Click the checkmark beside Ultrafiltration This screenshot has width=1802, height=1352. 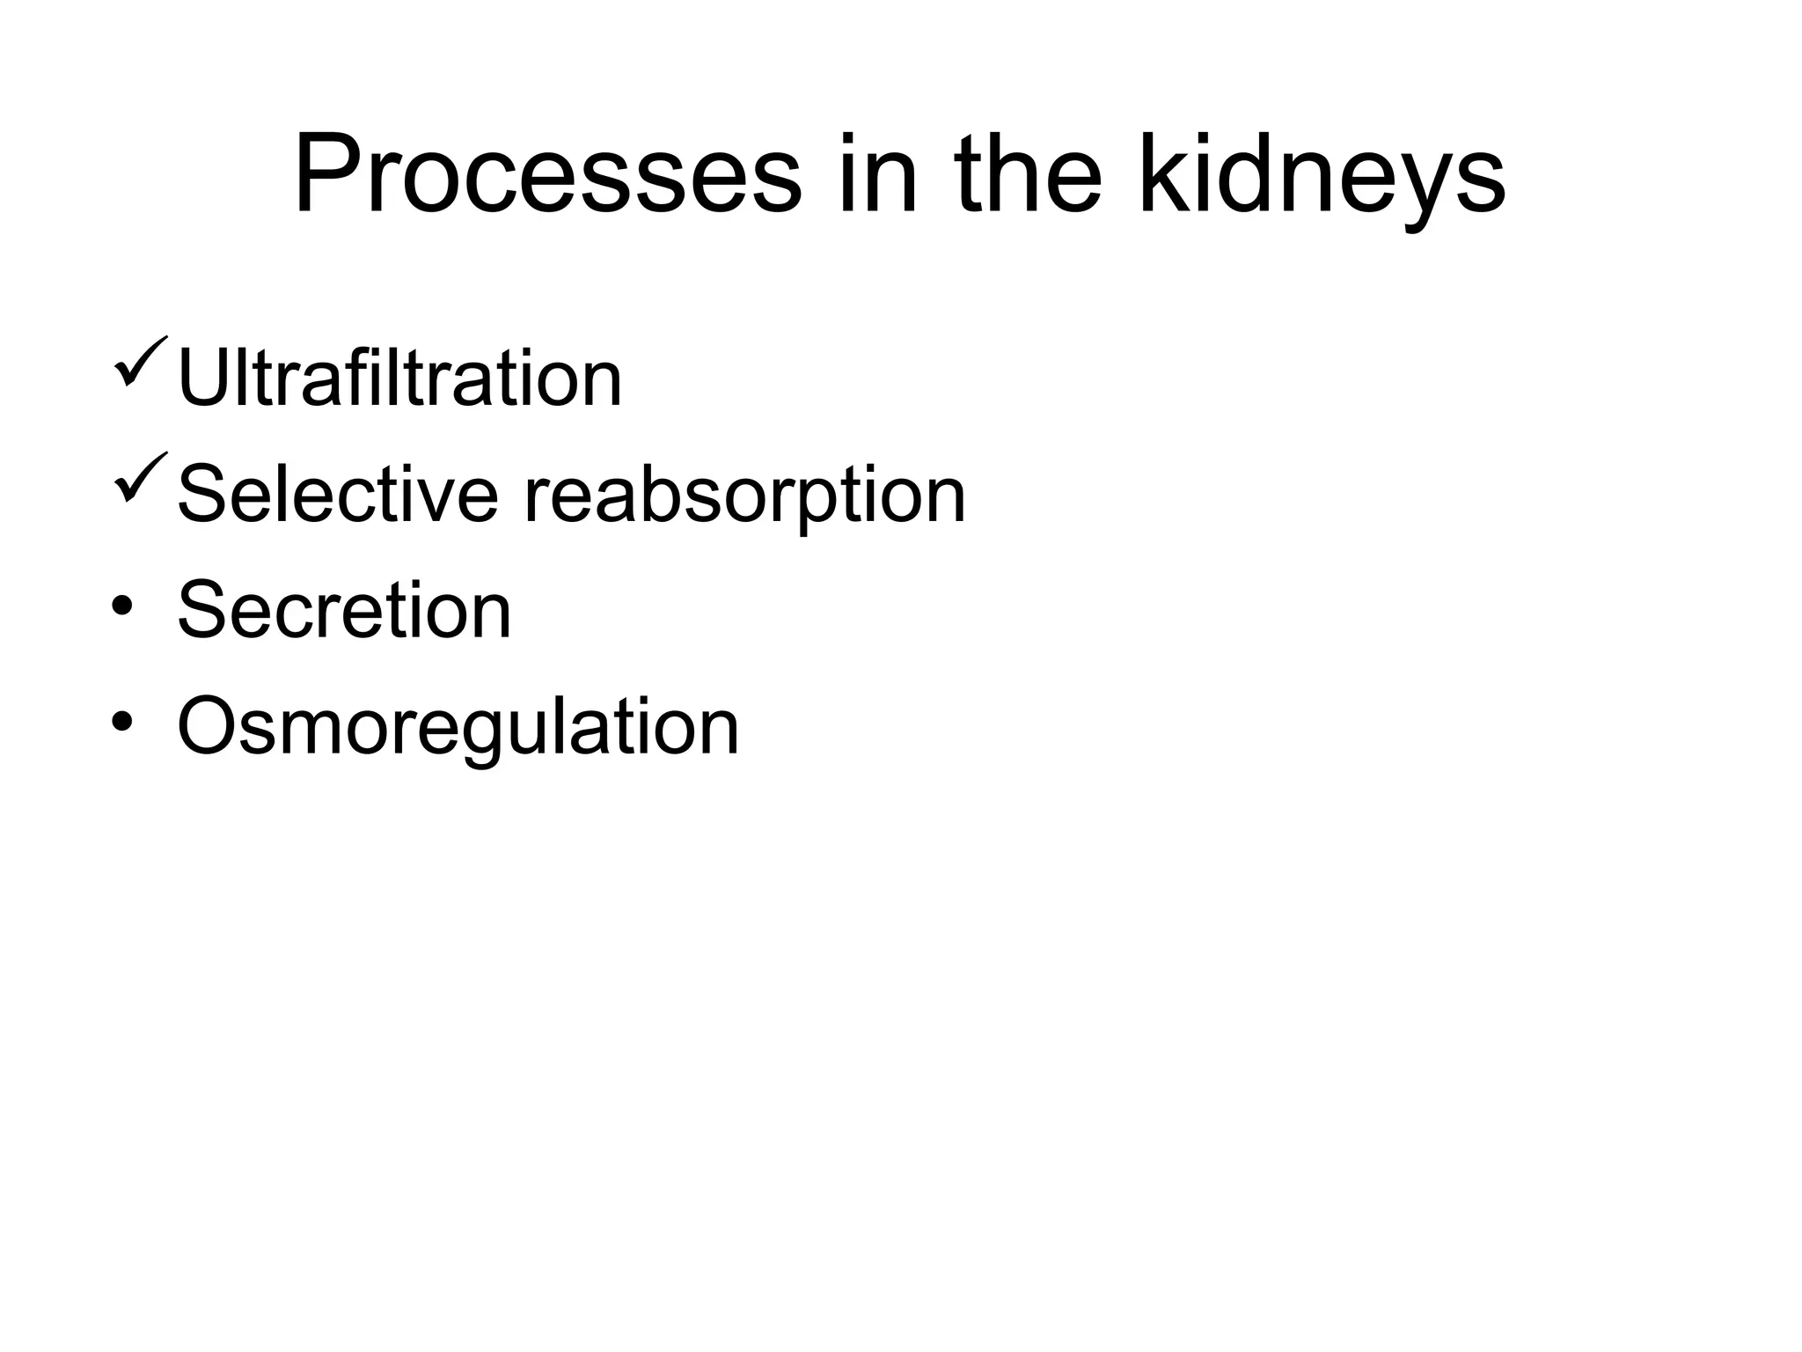pyautogui.click(x=139, y=361)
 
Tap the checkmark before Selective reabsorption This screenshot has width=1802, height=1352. pyautogui.click(x=139, y=477)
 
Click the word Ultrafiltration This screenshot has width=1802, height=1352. pyautogui.click(x=399, y=378)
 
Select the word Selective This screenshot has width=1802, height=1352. pyautogui.click(x=338, y=495)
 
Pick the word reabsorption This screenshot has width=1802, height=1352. pyautogui.click(x=744, y=497)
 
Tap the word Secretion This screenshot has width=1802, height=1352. pyautogui.click(x=344, y=611)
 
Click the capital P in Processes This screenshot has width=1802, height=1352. pyautogui.click(x=325, y=173)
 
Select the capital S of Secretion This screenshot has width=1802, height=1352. pyautogui.click(x=203, y=611)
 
